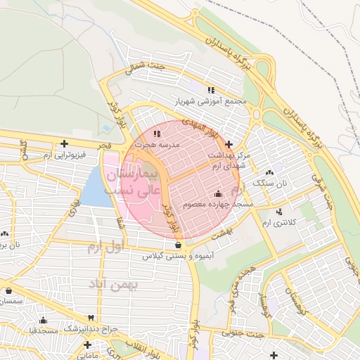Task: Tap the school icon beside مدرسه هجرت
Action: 157,132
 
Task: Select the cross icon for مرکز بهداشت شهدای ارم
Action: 229,144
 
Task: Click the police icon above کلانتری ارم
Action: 280,212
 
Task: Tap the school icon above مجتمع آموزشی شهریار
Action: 211,90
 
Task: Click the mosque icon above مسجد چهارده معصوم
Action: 217,193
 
